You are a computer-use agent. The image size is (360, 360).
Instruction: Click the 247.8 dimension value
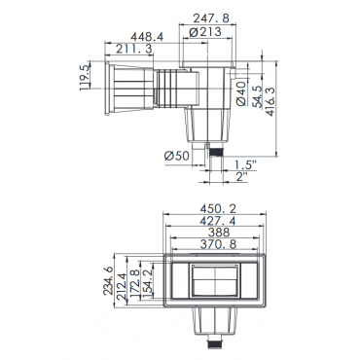(211, 18)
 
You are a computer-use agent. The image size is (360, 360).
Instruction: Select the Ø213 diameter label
(205, 31)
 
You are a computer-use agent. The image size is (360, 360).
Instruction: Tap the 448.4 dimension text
(146, 37)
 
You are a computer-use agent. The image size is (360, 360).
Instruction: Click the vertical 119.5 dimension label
(85, 78)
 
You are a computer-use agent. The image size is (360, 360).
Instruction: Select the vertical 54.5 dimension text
(258, 96)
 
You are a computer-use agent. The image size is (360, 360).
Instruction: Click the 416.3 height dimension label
(270, 101)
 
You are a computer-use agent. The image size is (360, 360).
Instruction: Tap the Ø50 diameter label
(176, 156)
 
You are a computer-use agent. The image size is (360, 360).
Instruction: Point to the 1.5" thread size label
(245, 164)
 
